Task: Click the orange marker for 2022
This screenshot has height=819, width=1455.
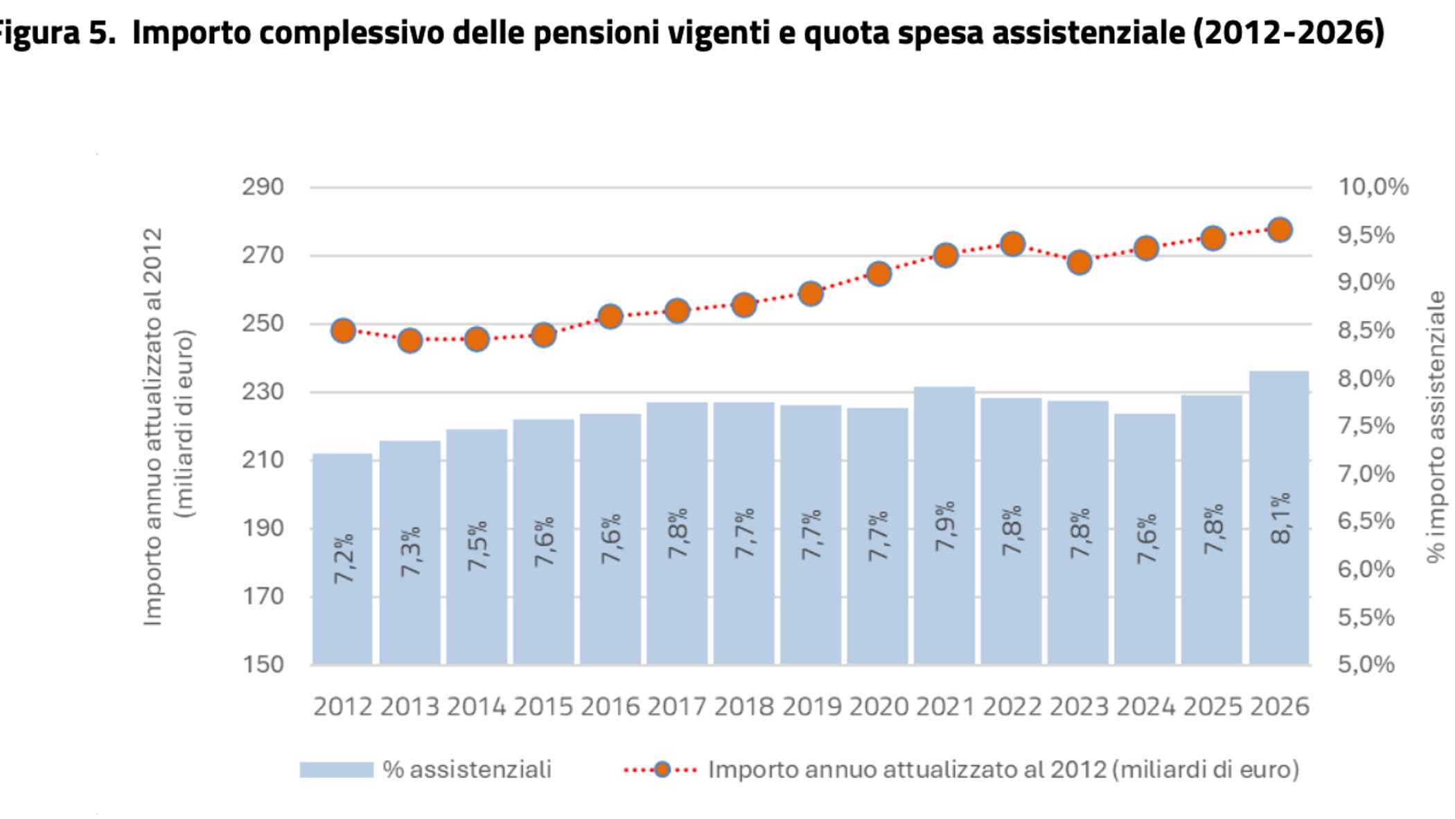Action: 1012,244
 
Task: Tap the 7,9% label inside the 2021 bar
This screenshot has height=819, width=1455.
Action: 945,527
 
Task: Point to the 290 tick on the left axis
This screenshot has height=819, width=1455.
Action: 263,187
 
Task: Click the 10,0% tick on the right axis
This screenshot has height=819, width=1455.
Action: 1373,187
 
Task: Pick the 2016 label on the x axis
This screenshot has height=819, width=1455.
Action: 610,707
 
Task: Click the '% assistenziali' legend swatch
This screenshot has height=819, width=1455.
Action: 336,770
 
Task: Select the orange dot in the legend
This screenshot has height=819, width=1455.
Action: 662,770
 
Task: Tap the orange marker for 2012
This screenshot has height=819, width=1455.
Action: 343,331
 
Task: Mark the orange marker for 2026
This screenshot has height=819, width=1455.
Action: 1280,230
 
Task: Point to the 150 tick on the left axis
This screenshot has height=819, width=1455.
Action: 263,664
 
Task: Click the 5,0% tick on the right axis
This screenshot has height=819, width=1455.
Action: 1366,664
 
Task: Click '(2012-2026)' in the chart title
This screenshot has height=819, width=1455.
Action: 1289,33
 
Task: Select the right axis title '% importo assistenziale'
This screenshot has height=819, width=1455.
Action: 1436,426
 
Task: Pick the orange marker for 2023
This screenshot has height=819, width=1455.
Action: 1079,263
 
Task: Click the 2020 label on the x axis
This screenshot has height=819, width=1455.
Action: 879,707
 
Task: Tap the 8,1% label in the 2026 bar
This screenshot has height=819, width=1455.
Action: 1281,518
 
